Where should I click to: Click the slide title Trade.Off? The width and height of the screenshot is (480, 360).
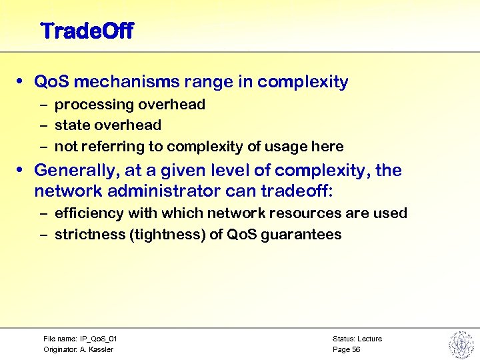(87, 31)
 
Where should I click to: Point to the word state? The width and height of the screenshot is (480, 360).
(72, 125)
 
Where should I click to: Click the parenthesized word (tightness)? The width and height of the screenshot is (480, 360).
(165, 235)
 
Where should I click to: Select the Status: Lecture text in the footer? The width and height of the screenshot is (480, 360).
(357, 339)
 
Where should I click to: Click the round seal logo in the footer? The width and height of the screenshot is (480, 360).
(460, 343)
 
